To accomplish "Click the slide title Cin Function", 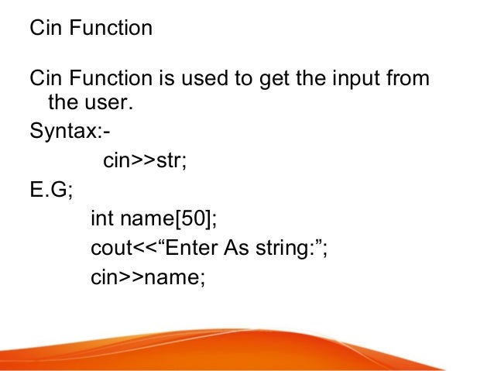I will (91, 29).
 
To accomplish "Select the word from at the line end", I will (408, 80).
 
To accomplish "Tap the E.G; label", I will (50, 191).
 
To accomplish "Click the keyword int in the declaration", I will (102, 220).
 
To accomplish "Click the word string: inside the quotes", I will (282, 249).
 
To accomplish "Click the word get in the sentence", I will (261, 80).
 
